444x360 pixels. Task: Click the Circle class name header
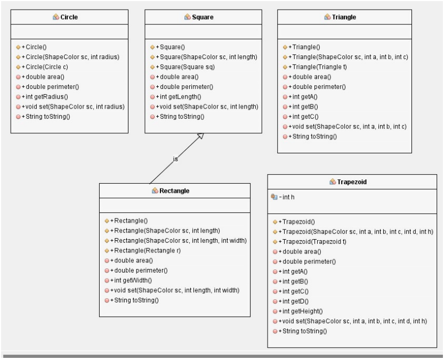(x=69, y=17)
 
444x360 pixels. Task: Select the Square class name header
(x=202, y=17)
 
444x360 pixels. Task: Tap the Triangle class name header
(x=344, y=17)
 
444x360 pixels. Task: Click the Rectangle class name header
(x=174, y=191)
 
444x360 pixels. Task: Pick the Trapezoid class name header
(x=352, y=182)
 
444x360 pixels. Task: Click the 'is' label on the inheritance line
(x=175, y=158)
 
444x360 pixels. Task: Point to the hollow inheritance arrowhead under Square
(x=200, y=136)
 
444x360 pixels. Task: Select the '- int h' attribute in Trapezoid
(x=286, y=197)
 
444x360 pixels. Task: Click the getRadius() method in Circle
(x=45, y=96)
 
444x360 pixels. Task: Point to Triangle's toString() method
(x=314, y=136)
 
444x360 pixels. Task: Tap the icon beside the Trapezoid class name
(x=333, y=182)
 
